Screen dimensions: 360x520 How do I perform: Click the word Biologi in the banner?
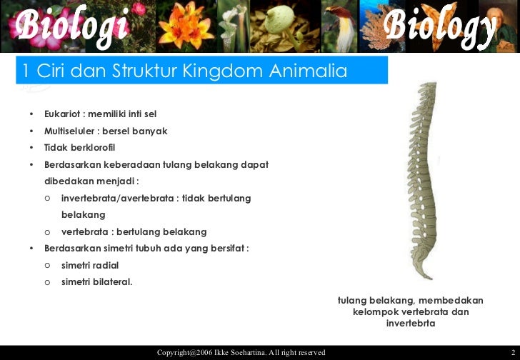(x=70, y=26)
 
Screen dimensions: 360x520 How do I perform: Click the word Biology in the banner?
(x=439, y=26)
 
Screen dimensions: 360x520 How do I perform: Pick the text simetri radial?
(x=90, y=265)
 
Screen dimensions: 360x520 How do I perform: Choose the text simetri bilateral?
(x=96, y=281)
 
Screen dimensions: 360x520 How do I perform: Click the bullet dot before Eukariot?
(x=31, y=115)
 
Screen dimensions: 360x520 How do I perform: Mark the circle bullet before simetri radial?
(x=46, y=265)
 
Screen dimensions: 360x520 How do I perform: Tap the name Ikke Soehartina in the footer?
(x=243, y=353)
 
